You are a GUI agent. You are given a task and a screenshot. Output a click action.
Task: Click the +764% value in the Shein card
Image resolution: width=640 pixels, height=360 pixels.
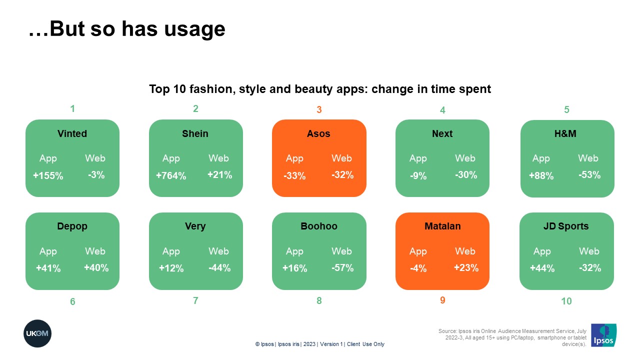(171, 175)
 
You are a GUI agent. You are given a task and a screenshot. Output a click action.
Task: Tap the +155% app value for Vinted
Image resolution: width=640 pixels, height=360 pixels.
(48, 175)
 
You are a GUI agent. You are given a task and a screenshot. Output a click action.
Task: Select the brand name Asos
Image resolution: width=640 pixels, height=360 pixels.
(318, 133)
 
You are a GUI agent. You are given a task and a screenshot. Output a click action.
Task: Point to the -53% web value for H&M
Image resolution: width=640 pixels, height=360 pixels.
(589, 174)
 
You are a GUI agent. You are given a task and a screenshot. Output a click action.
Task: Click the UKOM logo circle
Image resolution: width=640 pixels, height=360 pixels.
(37, 333)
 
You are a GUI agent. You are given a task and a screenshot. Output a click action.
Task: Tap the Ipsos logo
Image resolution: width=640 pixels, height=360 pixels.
(603, 335)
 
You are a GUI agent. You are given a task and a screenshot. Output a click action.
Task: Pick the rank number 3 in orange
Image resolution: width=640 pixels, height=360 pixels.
(319, 109)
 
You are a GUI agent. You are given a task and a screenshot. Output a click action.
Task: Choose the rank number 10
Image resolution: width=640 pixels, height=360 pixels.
(566, 301)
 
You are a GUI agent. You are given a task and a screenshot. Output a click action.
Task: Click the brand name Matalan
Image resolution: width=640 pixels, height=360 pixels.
(442, 226)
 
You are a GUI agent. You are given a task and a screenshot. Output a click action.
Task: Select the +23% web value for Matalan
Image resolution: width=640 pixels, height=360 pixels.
(466, 267)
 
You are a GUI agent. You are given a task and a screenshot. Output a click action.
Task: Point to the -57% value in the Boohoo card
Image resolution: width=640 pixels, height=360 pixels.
(342, 267)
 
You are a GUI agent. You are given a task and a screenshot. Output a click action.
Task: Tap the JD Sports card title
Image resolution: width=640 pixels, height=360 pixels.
(566, 226)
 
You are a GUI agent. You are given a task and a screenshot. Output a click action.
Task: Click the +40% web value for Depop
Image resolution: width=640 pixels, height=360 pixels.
(96, 267)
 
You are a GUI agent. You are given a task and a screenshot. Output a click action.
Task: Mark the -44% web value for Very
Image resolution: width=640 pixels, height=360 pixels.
(219, 267)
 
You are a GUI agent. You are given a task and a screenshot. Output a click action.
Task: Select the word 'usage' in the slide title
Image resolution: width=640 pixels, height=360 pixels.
(195, 29)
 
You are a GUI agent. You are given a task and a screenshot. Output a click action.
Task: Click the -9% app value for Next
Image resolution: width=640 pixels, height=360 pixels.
(418, 175)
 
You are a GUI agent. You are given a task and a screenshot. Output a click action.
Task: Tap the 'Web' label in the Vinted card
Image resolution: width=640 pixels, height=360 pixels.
(95, 158)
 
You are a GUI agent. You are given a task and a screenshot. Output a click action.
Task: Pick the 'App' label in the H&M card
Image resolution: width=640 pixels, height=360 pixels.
(541, 158)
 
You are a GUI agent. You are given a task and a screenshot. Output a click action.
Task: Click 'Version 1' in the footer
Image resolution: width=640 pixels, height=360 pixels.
(331, 344)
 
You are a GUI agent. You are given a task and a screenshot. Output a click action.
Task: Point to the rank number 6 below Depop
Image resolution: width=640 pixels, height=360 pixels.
(72, 301)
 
